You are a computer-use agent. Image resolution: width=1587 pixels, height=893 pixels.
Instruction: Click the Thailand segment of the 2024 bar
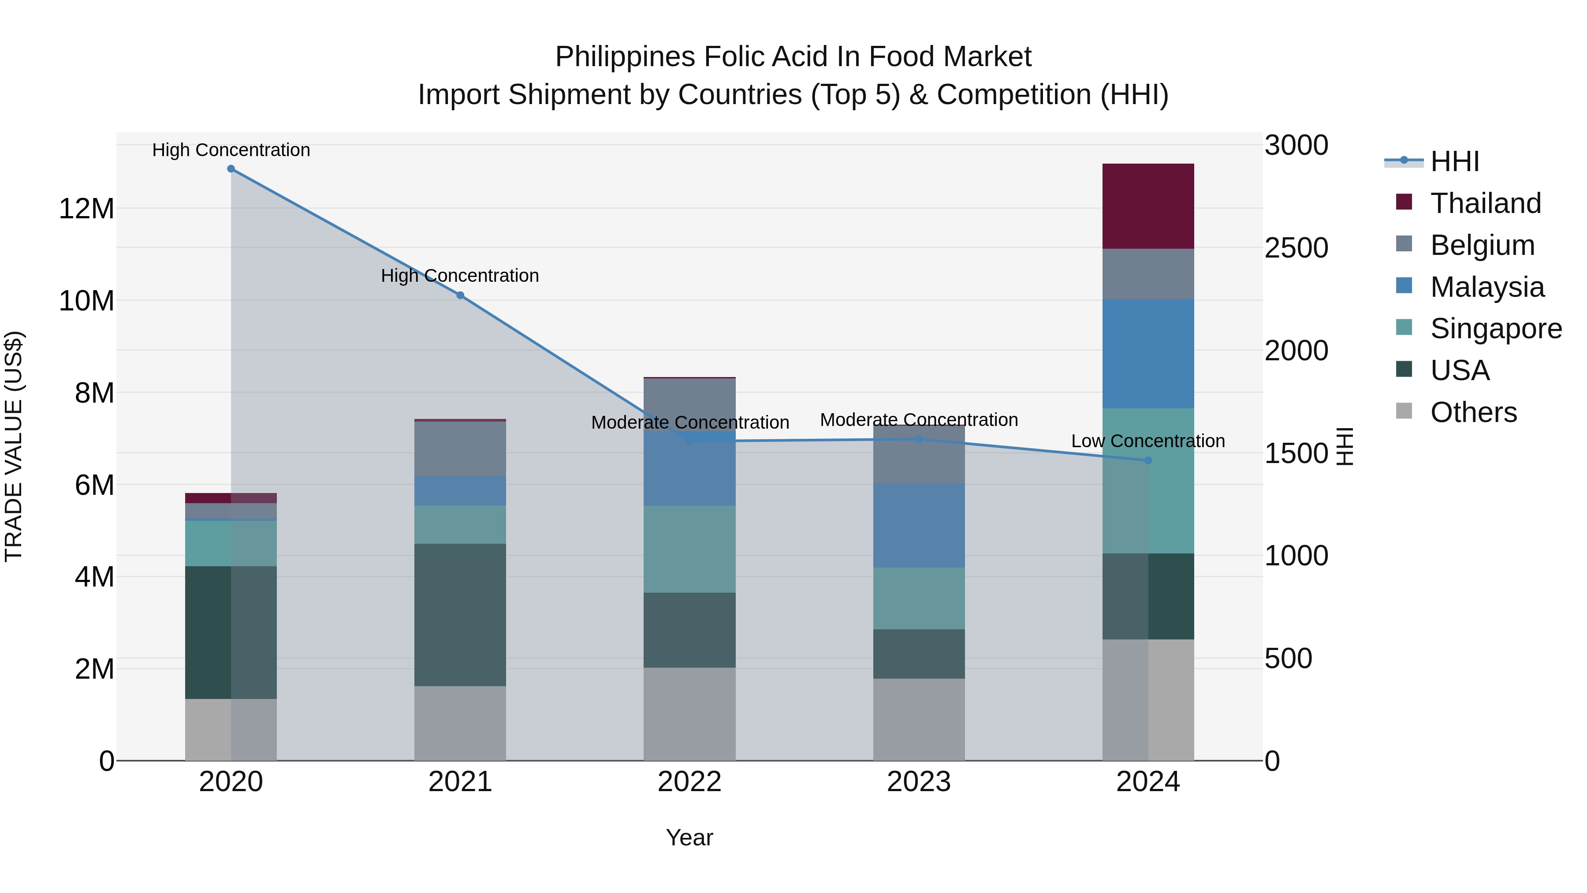click(x=1148, y=206)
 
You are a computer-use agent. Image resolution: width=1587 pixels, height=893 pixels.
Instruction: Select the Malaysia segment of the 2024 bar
click(x=1148, y=353)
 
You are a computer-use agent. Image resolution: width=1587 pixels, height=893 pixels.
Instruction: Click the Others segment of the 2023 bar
click(x=919, y=719)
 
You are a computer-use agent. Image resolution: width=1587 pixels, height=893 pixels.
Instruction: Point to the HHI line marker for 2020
click(x=231, y=169)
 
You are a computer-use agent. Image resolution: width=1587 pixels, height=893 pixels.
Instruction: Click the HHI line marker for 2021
click(x=460, y=295)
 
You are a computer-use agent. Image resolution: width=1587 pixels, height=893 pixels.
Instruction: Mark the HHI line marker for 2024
click(x=1148, y=460)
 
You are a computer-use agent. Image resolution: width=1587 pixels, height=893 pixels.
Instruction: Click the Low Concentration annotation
click(x=1148, y=441)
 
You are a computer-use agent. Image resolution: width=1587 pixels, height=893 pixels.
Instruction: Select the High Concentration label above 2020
click(x=231, y=150)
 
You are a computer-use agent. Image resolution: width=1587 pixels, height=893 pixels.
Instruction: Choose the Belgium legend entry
click(x=1482, y=245)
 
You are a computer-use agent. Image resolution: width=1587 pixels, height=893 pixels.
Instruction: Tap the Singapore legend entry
click(x=1496, y=329)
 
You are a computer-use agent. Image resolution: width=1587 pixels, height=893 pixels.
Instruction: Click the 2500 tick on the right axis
click(x=1296, y=248)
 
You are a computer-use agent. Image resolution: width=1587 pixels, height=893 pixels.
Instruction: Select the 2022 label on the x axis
click(x=689, y=782)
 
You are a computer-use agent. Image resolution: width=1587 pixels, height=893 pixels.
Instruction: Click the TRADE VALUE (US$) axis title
click(x=14, y=446)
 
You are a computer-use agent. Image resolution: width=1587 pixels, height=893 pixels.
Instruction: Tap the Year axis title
click(x=689, y=837)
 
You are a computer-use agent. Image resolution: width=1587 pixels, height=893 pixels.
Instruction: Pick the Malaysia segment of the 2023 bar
click(x=919, y=525)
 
